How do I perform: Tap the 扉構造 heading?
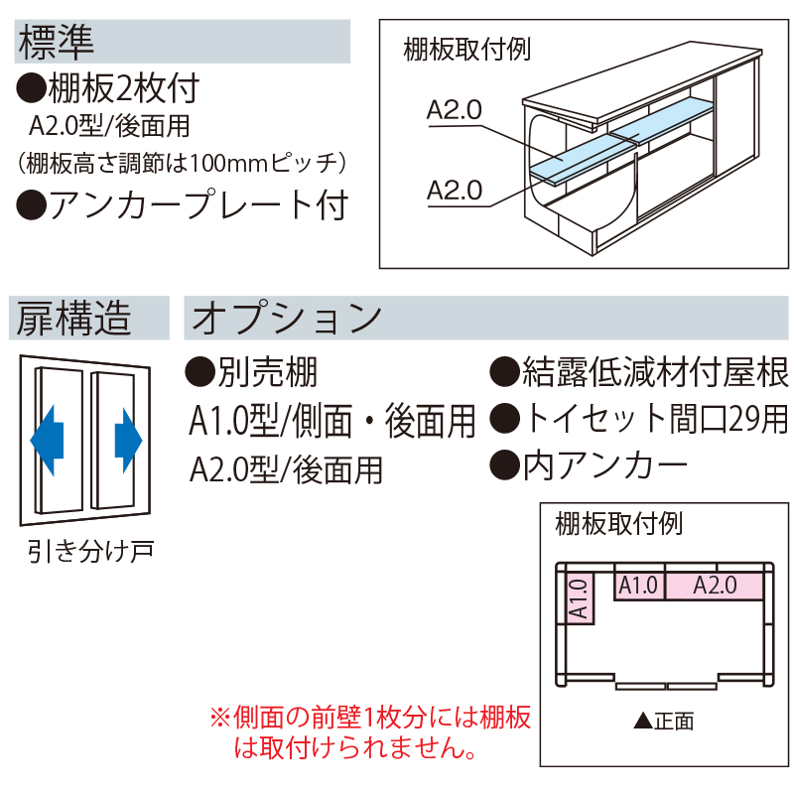point(74,319)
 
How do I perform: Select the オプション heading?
point(287,319)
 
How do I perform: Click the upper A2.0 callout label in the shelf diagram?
point(454,110)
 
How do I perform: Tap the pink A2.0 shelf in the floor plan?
point(714,586)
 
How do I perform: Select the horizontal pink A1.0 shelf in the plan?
point(638,586)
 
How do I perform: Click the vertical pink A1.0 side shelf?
point(581,599)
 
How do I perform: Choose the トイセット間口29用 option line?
point(640,420)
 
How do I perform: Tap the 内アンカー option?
point(591,463)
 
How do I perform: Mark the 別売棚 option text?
point(252,373)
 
